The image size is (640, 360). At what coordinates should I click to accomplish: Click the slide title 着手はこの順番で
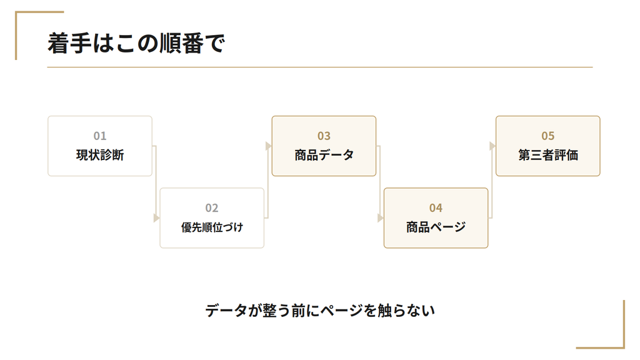click(136, 43)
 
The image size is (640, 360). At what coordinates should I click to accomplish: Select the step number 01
click(100, 136)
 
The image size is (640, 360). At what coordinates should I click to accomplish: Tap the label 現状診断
click(100, 155)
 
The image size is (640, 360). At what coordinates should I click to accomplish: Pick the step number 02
click(212, 208)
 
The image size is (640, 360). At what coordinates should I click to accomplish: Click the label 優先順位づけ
click(212, 227)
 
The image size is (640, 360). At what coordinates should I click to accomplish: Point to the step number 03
click(324, 136)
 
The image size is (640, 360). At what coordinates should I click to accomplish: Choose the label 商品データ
click(324, 155)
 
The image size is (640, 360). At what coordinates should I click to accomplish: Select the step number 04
click(436, 208)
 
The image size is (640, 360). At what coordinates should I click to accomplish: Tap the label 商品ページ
click(436, 227)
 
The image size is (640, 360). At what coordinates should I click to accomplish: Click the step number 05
click(547, 136)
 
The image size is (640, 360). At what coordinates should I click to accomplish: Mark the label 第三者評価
click(547, 155)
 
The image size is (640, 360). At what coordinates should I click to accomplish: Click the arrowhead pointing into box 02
click(157, 218)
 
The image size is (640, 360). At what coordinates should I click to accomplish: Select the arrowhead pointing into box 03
click(269, 146)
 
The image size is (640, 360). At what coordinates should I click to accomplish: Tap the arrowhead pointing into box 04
click(381, 218)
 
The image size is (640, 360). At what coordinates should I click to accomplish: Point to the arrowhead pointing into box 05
click(492, 146)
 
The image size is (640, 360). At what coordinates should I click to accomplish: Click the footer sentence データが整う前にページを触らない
click(320, 311)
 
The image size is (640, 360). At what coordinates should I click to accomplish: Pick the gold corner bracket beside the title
click(16, 36)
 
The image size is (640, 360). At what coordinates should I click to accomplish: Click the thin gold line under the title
click(320, 67)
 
